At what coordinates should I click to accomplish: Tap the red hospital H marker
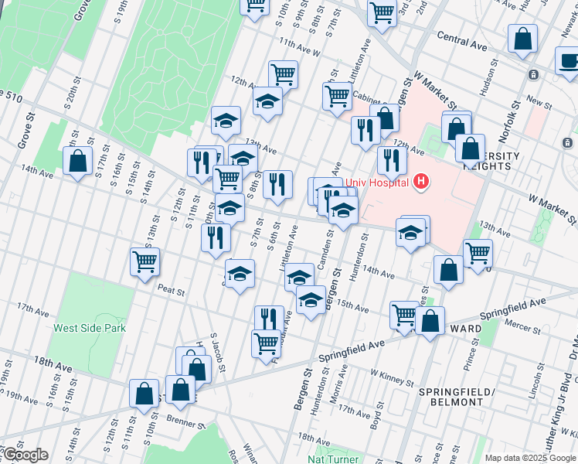click(x=421, y=182)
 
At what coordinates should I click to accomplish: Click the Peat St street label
click(x=171, y=292)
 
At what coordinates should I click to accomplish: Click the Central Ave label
click(x=462, y=41)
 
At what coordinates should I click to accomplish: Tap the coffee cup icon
click(x=569, y=60)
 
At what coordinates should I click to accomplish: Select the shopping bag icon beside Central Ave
click(x=523, y=39)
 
